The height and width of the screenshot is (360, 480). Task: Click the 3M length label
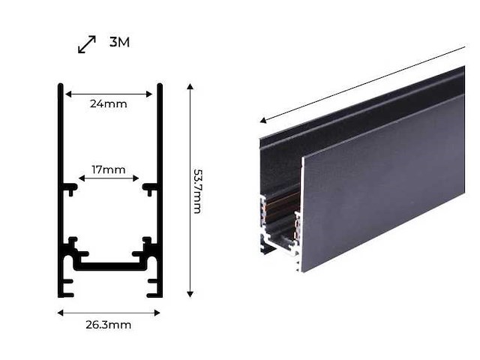coord(119,42)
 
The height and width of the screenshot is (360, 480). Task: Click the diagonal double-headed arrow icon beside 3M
coord(87,44)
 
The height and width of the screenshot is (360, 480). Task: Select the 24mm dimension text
coord(109,103)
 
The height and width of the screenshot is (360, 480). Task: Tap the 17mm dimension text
coord(109,169)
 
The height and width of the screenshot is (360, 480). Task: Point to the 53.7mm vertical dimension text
coord(196,190)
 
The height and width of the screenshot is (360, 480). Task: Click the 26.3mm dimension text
coord(109,325)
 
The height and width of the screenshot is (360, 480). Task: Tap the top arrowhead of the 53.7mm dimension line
coord(190,88)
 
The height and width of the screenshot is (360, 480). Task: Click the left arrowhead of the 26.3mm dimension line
coord(61,312)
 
